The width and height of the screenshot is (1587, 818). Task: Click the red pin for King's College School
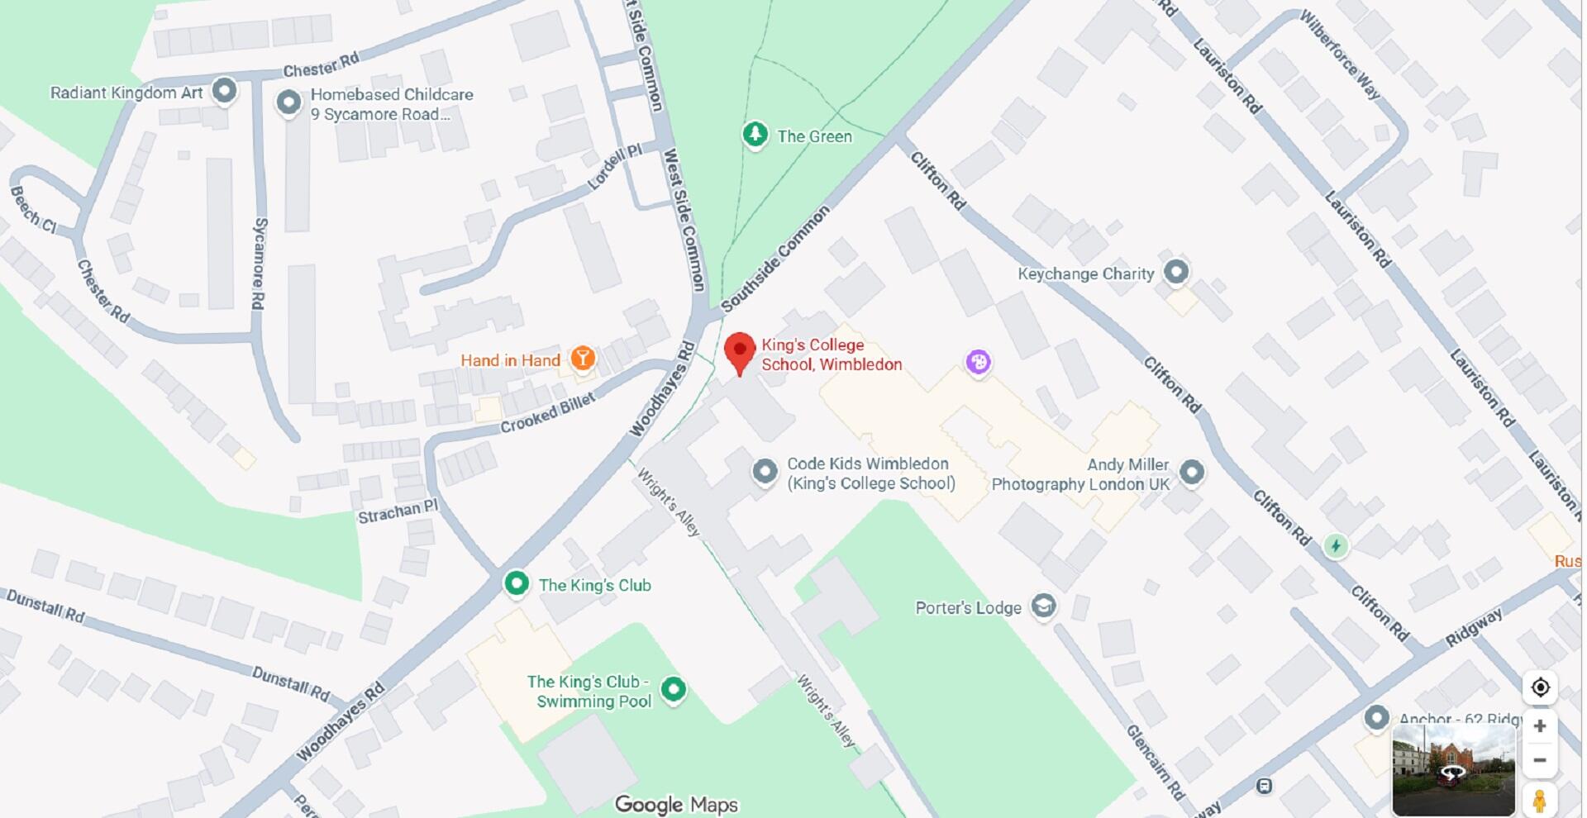point(740,350)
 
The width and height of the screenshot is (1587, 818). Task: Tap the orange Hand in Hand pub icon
point(583,358)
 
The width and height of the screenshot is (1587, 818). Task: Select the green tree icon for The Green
point(755,134)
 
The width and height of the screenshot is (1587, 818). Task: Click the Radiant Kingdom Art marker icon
point(224,90)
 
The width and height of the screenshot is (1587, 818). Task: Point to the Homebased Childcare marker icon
point(288,103)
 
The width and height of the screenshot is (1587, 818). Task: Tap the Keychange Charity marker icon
point(1175,271)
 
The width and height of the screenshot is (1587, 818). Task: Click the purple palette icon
point(979,361)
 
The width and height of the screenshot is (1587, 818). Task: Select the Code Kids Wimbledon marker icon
point(765,471)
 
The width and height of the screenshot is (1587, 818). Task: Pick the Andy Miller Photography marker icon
point(1191,472)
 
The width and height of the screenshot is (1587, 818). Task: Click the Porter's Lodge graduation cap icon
point(1044,606)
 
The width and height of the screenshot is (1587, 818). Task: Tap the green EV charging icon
point(1336,545)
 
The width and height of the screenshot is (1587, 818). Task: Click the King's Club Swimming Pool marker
point(674,689)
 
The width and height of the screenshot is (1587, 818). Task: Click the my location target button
point(1540,687)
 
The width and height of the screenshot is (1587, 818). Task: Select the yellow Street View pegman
point(1539,800)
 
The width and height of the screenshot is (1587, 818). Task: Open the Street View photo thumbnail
point(1453,770)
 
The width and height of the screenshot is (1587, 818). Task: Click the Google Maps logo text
point(676,804)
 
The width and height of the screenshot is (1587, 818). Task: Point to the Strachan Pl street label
point(398,511)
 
